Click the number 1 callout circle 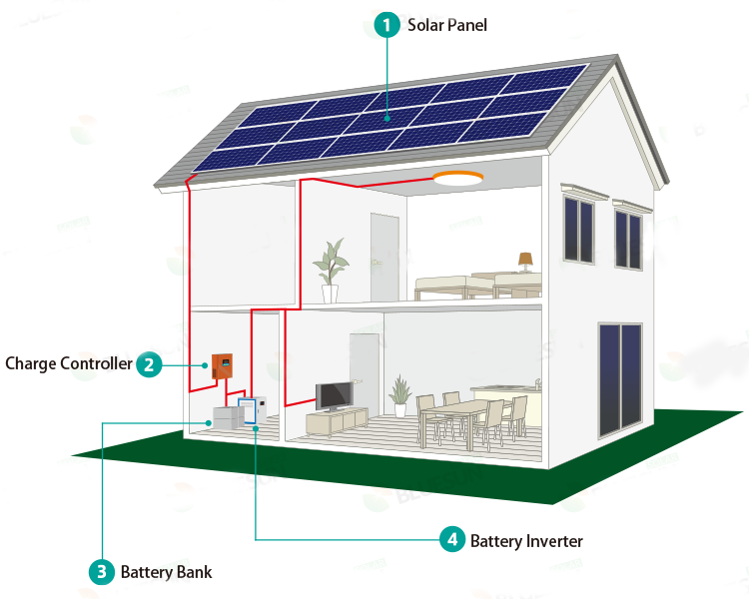point(386,24)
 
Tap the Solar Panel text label point(446,24)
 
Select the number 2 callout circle point(148,363)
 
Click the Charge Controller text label point(68,363)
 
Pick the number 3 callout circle point(101,572)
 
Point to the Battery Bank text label point(166,572)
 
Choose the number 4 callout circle point(452,540)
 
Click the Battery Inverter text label point(526,541)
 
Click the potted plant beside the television point(400,394)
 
